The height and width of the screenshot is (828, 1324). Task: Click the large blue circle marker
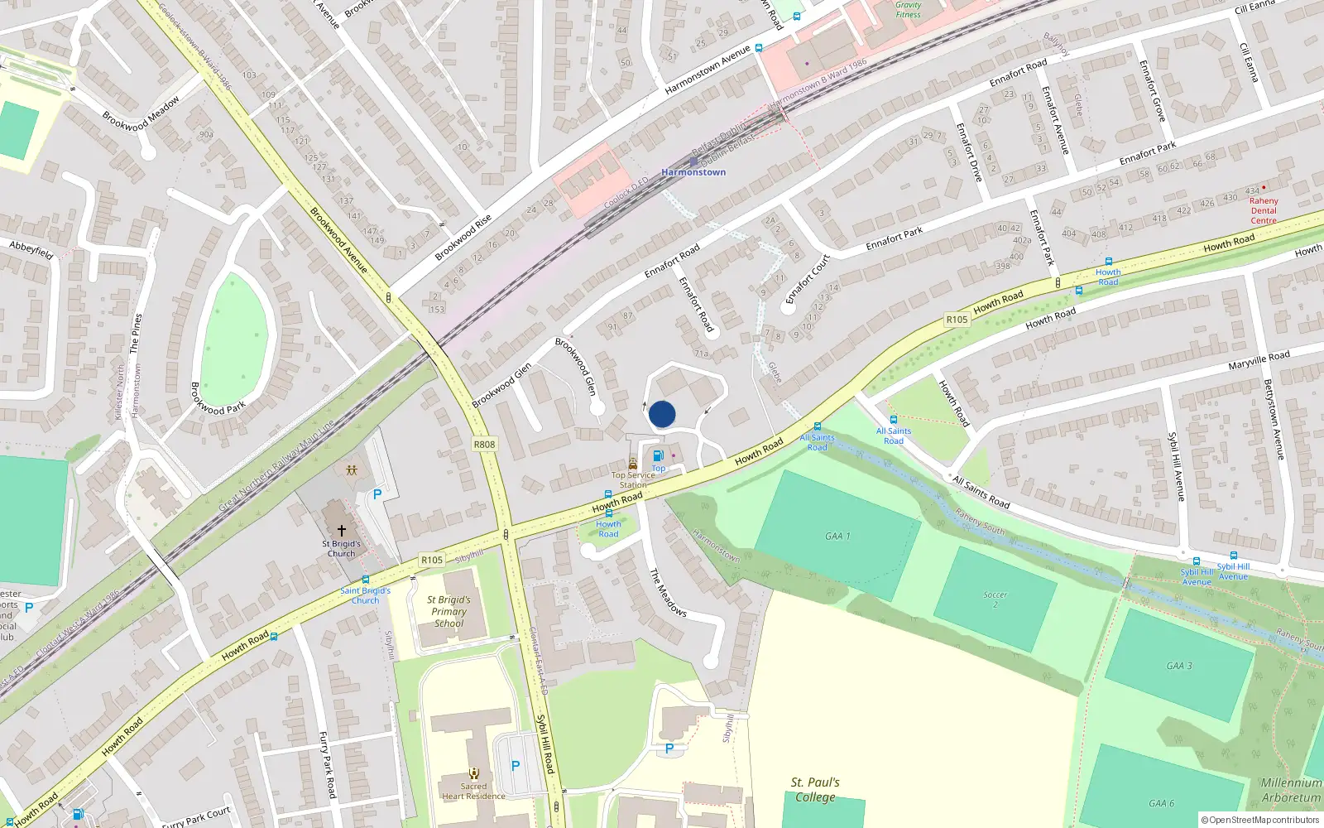point(662,414)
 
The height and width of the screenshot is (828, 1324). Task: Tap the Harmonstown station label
point(693,172)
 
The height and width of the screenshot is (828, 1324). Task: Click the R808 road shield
point(484,445)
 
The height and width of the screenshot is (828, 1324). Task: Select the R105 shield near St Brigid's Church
point(431,560)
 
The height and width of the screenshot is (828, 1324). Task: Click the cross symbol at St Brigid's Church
point(341,530)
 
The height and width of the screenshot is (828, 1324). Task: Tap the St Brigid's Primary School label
point(449,612)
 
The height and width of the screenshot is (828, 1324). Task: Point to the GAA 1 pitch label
point(837,537)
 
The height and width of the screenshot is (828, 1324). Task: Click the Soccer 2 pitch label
point(995,599)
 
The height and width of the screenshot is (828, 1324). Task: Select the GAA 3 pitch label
point(1179,666)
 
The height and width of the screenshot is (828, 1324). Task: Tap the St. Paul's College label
point(815,789)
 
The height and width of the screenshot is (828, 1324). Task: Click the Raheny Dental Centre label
point(1264,210)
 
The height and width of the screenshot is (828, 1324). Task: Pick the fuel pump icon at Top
point(658,455)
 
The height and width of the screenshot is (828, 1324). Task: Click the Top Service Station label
point(633,480)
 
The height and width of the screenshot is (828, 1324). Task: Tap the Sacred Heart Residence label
point(473,792)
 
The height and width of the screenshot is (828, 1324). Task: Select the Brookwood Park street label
point(218,398)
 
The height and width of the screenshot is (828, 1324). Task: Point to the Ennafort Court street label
point(807,279)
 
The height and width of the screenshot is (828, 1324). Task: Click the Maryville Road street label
point(1259,360)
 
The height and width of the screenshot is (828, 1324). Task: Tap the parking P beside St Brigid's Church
point(377,494)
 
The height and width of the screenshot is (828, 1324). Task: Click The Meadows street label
point(667,592)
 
